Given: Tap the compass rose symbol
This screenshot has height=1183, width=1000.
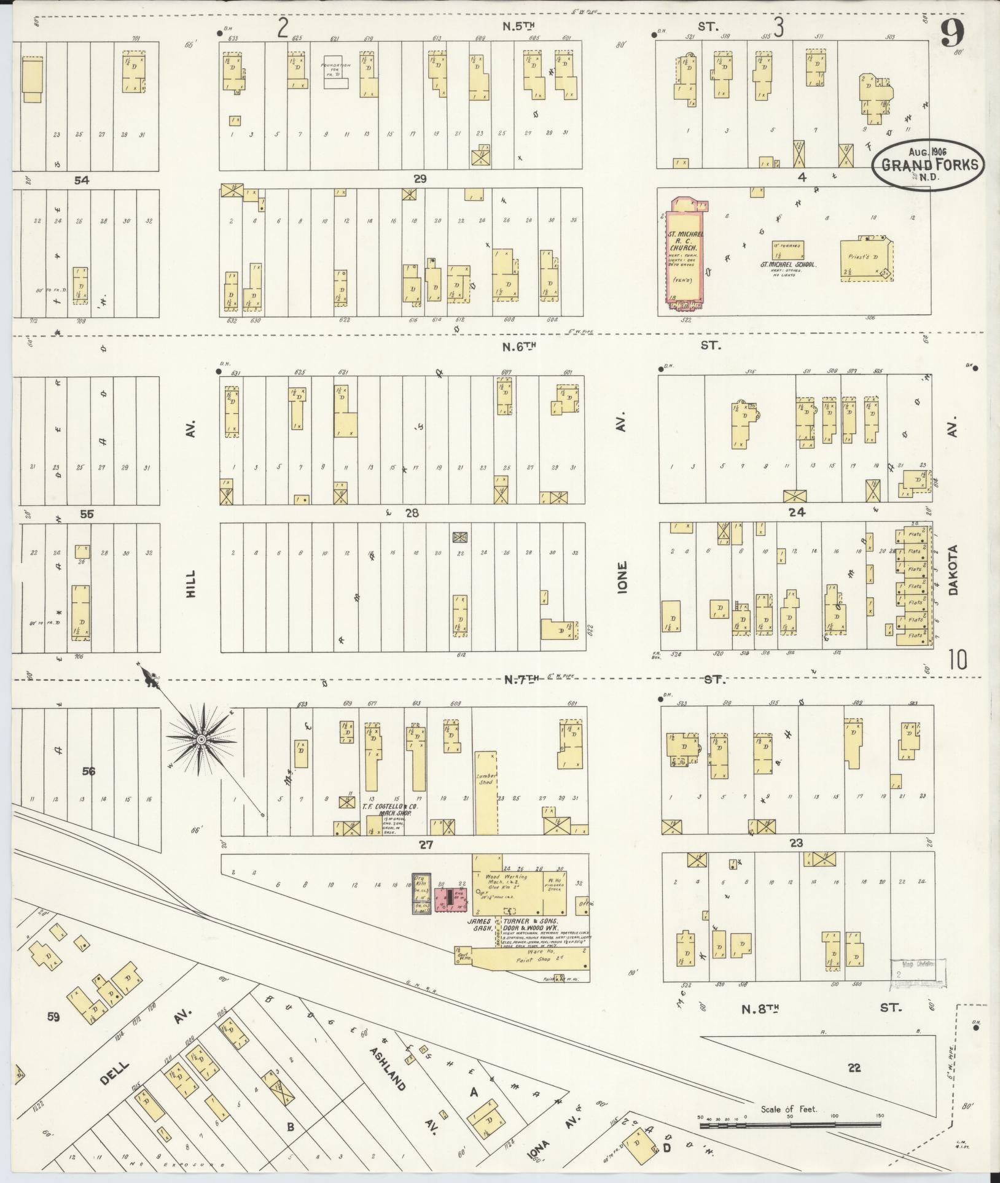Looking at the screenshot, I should click(x=200, y=741).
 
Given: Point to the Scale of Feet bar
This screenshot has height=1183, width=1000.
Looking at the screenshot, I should click(x=790, y=1125).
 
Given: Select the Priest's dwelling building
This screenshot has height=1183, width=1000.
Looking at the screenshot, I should click(x=865, y=260).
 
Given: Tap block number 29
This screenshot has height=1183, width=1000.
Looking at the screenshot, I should click(x=420, y=179).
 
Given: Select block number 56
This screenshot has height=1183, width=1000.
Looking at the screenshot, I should click(x=89, y=771).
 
